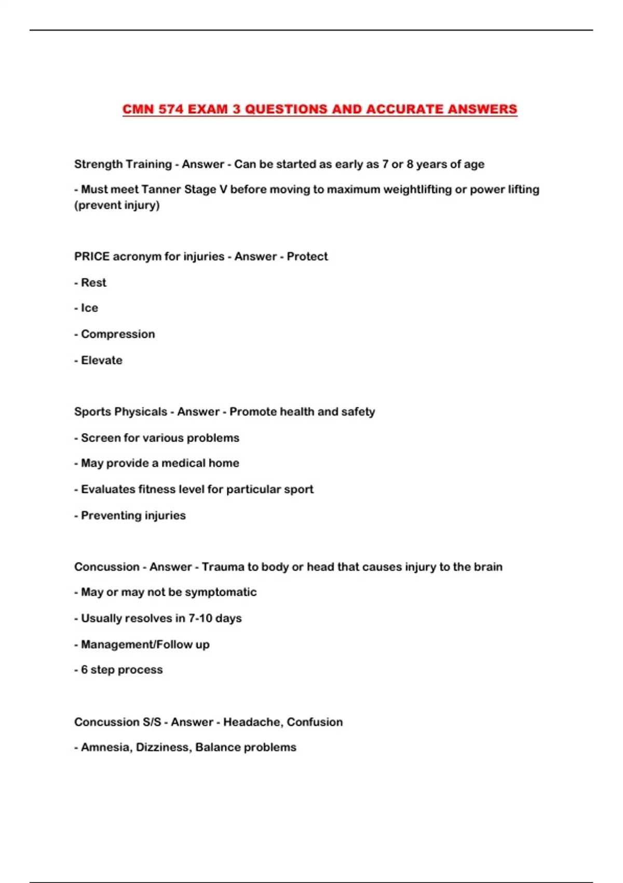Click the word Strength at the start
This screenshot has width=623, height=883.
click(x=97, y=164)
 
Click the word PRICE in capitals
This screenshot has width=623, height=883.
click(x=91, y=257)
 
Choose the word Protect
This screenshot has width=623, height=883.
click(x=307, y=257)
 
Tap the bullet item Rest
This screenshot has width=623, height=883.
click(x=93, y=283)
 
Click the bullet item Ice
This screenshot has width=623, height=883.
click(x=89, y=308)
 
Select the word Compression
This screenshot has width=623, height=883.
click(x=118, y=334)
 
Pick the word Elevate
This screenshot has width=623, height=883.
click(x=102, y=360)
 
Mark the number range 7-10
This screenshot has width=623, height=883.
click(x=200, y=618)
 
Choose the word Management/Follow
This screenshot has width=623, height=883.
click(x=137, y=645)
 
